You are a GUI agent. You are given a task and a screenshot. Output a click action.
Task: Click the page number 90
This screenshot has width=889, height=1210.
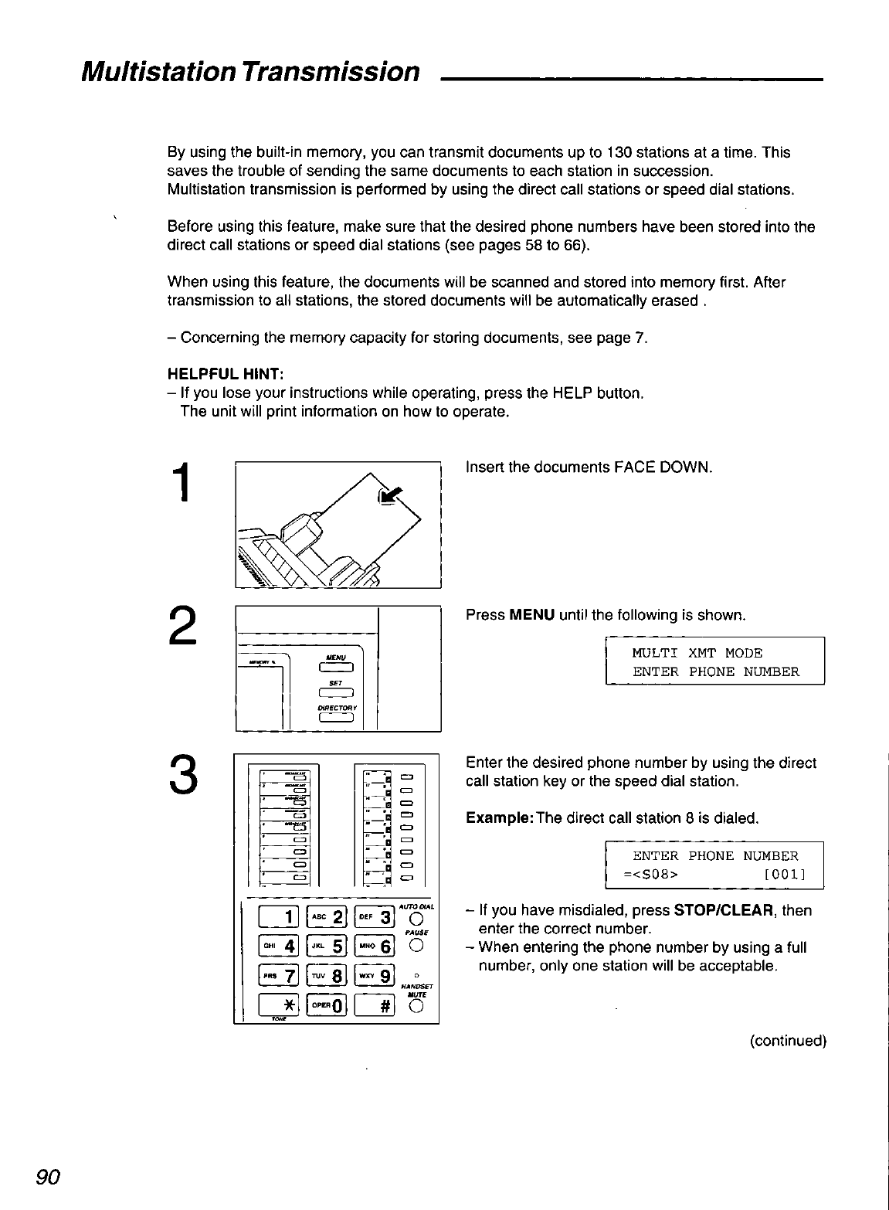click(48, 1177)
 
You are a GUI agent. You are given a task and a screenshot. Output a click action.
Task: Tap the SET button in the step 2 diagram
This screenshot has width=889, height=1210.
click(335, 693)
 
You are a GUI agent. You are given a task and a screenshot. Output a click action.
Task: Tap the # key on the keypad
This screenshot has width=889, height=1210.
click(375, 1005)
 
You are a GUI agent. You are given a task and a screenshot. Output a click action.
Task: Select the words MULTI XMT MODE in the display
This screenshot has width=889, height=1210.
click(697, 654)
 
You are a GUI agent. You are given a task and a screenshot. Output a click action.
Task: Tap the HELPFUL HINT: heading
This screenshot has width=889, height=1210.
click(205, 375)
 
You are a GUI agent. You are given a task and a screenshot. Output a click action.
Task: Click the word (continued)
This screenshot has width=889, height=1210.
click(788, 1041)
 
